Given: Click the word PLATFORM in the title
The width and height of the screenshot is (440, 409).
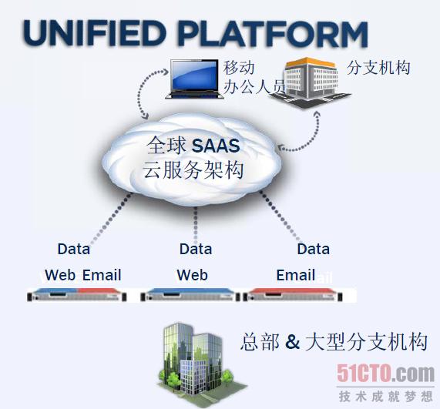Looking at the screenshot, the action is [273, 34].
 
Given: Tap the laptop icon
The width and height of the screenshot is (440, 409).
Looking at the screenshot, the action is [194, 79].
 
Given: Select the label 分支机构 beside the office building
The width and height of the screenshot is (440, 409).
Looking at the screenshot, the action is [378, 68].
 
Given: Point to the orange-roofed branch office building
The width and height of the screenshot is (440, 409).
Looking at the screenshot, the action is [311, 82].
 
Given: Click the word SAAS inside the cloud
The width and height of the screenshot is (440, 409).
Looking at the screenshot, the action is [216, 146].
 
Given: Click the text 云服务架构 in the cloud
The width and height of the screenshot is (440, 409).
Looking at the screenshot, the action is [193, 169].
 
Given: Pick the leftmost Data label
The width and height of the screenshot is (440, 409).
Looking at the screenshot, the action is [74, 249].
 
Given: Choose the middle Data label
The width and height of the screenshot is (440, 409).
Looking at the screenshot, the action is [196, 249].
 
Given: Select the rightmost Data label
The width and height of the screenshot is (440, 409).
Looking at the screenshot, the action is [314, 249].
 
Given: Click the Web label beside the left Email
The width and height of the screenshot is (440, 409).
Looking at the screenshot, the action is [60, 275].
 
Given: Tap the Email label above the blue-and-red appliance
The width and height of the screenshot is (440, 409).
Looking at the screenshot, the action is [102, 275].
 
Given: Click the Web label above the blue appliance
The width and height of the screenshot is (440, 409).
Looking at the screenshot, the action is [193, 275].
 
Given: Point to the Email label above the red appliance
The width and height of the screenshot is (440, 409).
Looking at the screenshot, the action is [296, 275].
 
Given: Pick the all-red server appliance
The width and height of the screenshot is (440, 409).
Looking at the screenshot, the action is [293, 295].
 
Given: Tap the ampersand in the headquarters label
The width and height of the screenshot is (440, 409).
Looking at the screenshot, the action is [292, 341].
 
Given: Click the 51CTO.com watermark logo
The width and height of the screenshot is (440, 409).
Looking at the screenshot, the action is [385, 373].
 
